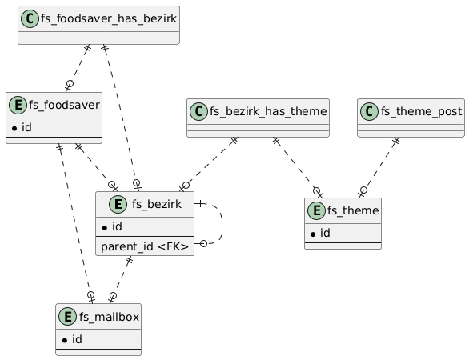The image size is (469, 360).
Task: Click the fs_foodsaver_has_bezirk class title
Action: (x=109, y=18)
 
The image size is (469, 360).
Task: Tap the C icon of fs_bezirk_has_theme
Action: (x=198, y=111)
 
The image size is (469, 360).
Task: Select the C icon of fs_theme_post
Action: (x=369, y=111)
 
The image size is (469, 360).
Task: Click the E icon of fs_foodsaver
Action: (x=18, y=105)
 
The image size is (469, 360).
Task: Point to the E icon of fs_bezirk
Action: (x=118, y=204)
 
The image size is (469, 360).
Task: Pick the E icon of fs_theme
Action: (x=316, y=210)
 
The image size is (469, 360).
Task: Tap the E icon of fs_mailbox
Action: (x=67, y=316)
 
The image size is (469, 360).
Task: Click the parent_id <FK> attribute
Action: (x=145, y=246)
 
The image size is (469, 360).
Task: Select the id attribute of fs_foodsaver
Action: (x=22, y=127)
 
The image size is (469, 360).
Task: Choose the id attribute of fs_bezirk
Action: (x=112, y=226)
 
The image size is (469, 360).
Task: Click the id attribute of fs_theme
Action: (x=320, y=233)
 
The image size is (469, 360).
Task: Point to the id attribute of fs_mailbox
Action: (x=72, y=339)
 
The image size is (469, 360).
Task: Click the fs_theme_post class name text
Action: (x=422, y=111)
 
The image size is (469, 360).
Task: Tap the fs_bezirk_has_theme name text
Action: (x=268, y=111)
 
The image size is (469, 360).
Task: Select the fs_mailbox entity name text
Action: (x=109, y=317)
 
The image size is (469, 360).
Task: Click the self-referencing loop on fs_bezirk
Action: (x=222, y=224)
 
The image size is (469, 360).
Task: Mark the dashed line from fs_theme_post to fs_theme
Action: (x=379, y=167)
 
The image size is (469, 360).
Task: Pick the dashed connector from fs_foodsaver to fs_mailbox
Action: (x=75, y=224)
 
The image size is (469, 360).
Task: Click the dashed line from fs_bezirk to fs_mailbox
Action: (x=121, y=279)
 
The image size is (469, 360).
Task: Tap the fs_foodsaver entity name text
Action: (x=64, y=105)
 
